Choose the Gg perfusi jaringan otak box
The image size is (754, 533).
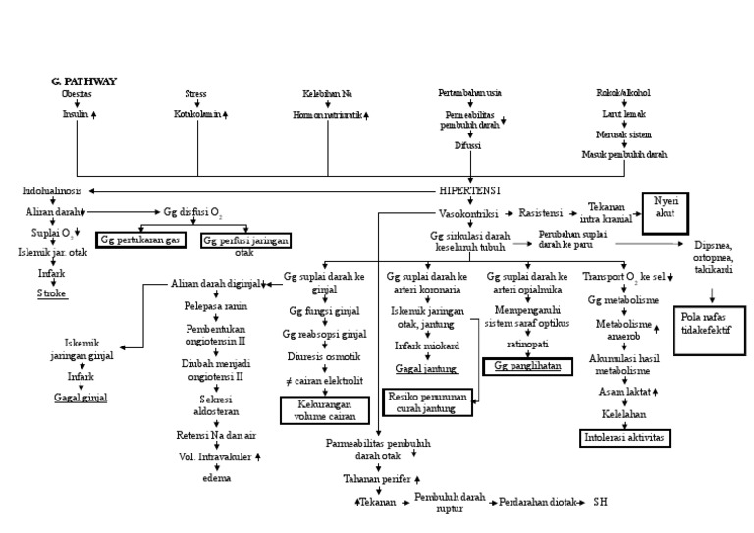coord(243,242)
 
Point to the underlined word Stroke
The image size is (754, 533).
coord(52,293)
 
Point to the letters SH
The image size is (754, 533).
coord(601,501)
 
